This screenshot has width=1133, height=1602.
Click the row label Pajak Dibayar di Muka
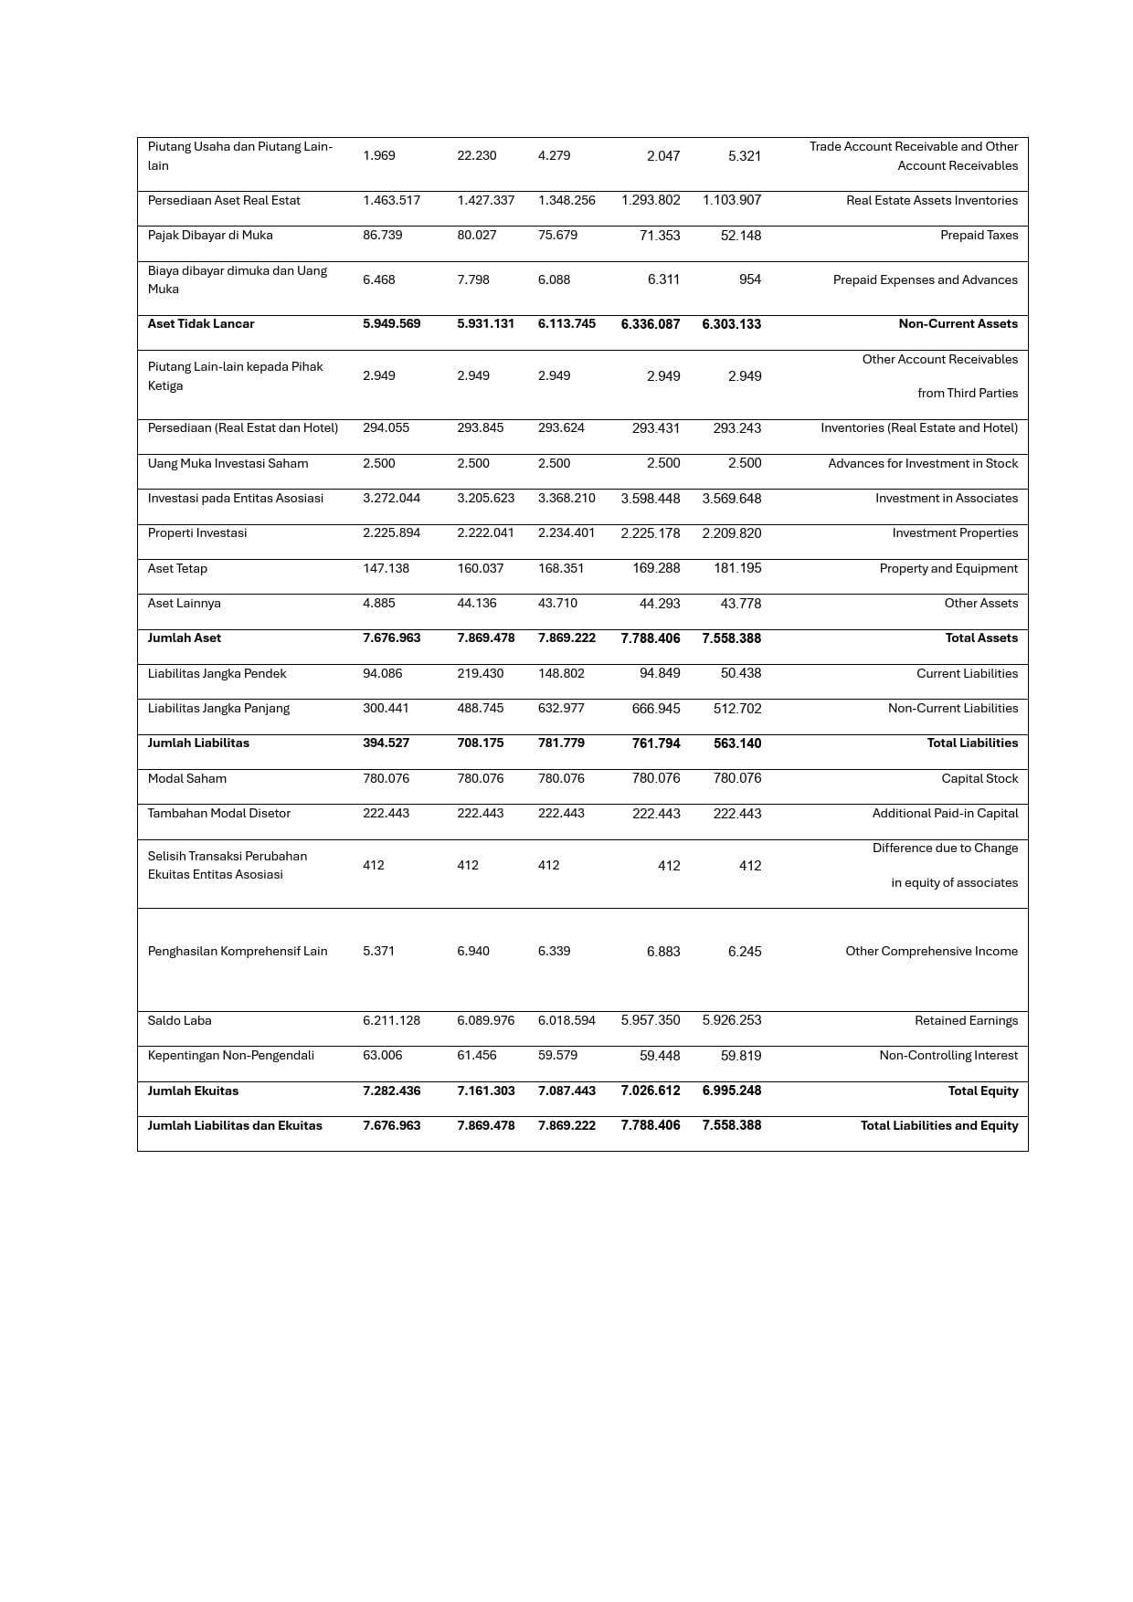[x=210, y=236]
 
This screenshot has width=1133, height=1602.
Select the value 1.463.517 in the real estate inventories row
[x=391, y=201]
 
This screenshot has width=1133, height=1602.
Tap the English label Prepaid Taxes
[x=979, y=236]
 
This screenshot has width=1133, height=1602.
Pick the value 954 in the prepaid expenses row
[x=749, y=279]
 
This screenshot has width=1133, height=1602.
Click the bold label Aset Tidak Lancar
[x=201, y=324]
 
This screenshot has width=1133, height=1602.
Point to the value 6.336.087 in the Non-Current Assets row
[x=650, y=324]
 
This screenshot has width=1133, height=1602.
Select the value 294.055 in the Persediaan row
[x=386, y=428]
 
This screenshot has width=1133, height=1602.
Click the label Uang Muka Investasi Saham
[x=228, y=464]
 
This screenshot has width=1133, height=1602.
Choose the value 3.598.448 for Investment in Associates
[x=650, y=499]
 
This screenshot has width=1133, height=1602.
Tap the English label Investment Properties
[x=955, y=533]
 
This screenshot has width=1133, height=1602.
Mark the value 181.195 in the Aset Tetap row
[x=736, y=568]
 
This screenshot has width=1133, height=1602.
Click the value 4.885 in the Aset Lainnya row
[x=378, y=604]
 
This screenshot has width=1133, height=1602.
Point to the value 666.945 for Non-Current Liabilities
[x=655, y=709]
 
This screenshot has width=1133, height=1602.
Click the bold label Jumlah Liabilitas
[x=198, y=743]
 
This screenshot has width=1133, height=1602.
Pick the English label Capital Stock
[x=979, y=779]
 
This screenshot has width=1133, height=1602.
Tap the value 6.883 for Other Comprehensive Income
[x=662, y=952]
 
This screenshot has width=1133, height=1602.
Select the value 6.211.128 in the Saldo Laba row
[x=391, y=1021]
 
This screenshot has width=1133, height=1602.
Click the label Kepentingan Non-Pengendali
[x=230, y=1056]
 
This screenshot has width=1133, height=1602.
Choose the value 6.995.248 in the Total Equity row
[x=731, y=1091]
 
